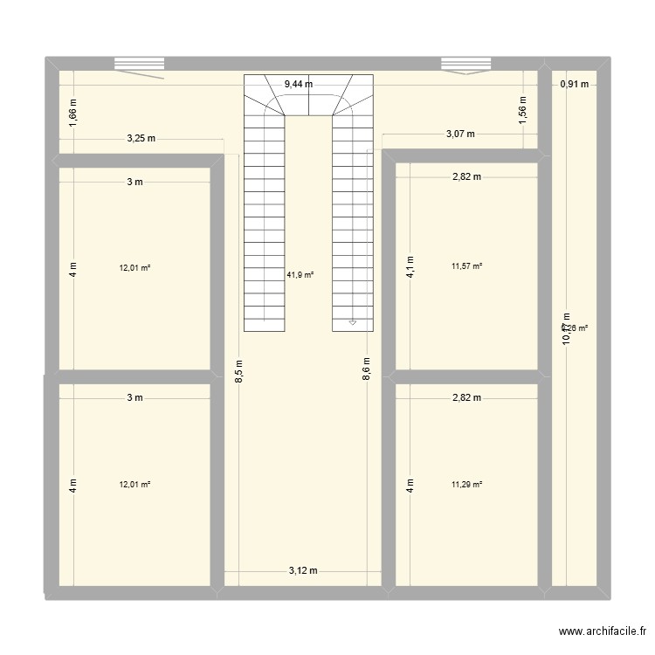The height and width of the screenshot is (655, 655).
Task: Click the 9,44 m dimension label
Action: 299,85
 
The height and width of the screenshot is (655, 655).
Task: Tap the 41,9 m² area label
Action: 300,274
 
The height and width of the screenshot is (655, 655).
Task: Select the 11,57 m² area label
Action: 467,267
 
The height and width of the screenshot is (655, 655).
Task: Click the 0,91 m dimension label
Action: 574,85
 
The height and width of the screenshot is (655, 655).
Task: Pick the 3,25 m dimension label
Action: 141,138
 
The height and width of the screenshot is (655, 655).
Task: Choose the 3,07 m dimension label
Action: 460,134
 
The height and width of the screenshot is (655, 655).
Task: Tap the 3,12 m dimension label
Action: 303,570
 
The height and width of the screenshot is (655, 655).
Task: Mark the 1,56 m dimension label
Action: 522,111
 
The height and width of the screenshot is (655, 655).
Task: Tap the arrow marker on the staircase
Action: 353,322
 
